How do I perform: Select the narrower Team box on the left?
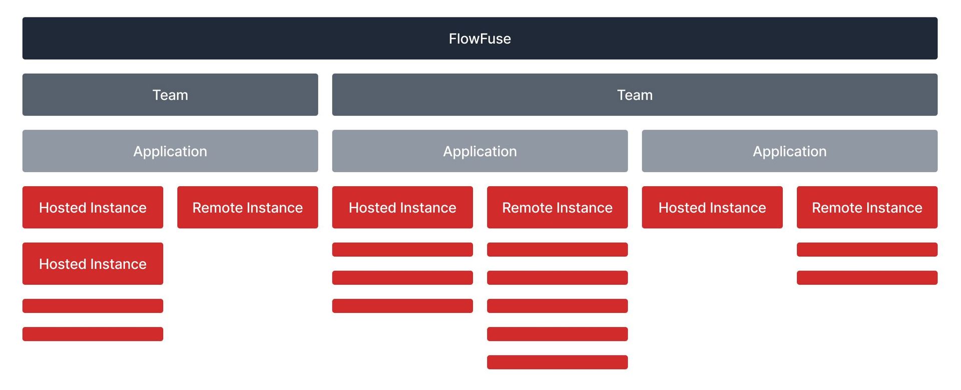(170, 95)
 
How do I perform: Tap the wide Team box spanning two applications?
(635, 95)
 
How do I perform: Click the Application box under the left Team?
(170, 151)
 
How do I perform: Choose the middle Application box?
(479, 151)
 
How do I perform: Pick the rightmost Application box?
(789, 151)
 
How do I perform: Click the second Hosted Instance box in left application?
(93, 264)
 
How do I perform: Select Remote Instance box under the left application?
(247, 208)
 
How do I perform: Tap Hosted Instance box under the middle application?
(402, 208)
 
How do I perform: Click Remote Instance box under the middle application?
(557, 208)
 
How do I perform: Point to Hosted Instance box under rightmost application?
(712, 208)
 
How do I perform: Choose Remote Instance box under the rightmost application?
(867, 208)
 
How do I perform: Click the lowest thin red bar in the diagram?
(557, 362)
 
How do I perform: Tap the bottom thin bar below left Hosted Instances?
(93, 334)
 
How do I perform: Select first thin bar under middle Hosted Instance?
(402, 249)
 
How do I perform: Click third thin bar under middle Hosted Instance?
(402, 306)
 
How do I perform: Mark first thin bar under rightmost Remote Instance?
(867, 249)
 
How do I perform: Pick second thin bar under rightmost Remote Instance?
(867, 278)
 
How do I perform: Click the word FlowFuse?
(479, 39)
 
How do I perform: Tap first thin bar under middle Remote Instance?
(557, 249)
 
